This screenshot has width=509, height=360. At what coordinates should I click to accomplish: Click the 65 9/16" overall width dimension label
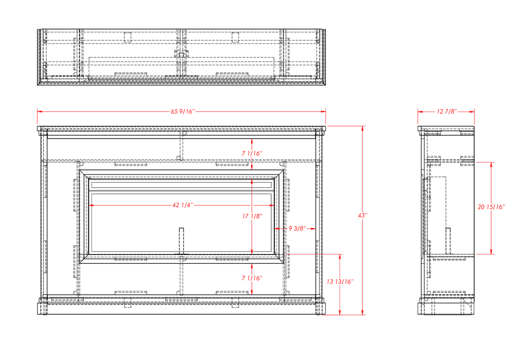click(x=183, y=112)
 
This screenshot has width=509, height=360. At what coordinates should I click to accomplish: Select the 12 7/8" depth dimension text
click(x=447, y=112)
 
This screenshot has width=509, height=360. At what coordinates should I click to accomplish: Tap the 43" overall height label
click(x=362, y=216)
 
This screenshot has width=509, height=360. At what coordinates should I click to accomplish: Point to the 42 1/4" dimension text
click(x=183, y=205)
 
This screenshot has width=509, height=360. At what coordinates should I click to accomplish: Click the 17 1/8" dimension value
click(x=252, y=216)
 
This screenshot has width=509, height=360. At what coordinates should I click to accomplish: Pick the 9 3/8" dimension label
click(x=297, y=228)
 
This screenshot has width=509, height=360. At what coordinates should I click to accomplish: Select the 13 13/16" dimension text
click(x=340, y=282)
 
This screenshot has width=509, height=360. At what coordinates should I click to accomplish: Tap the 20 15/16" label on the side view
click(x=491, y=207)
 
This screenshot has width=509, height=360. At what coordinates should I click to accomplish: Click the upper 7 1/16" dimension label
click(x=252, y=154)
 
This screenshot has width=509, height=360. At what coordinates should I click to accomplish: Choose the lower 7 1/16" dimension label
click(x=252, y=278)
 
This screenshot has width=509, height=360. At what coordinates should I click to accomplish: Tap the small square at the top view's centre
click(x=181, y=55)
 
